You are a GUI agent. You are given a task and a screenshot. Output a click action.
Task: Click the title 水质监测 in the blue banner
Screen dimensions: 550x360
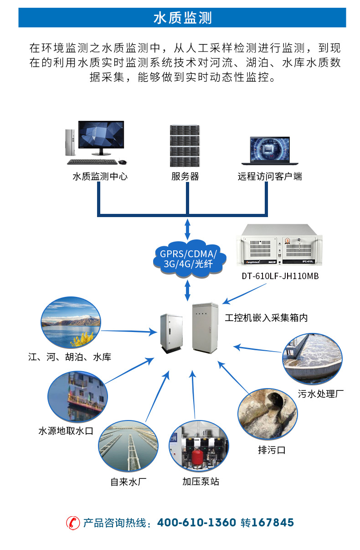[x=182, y=18]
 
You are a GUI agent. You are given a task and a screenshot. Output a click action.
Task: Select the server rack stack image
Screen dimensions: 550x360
[x=185, y=145]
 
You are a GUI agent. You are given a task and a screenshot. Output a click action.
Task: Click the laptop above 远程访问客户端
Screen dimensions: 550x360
[x=266, y=150]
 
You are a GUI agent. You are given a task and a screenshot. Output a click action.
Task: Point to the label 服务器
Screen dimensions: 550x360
[x=185, y=176]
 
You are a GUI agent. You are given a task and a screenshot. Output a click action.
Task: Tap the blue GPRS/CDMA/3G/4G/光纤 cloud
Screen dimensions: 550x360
[x=187, y=259]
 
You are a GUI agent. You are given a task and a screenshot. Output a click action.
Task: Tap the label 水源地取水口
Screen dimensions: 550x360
[x=66, y=431]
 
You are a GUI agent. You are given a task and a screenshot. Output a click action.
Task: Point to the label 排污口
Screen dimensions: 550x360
[x=272, y=450]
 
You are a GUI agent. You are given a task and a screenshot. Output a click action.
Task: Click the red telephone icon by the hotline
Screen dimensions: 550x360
[x=72, y=523]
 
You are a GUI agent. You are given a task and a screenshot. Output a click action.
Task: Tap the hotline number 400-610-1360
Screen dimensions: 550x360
[x=196, y=523]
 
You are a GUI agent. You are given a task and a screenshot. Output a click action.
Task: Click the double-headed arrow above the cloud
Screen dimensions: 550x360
[x=187, y=228]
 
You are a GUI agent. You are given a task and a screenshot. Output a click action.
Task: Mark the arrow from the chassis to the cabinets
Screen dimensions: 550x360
[x=244, y=294]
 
